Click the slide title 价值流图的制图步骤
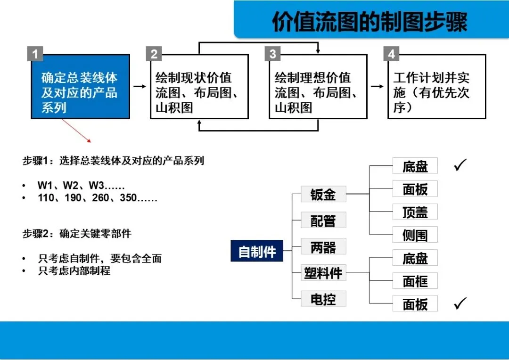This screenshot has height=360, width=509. [x=369, y=22]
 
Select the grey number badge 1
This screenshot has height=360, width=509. [x=35, y=54]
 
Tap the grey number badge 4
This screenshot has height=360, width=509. [x=391, y=54]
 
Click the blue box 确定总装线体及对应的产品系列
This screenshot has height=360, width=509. [x=80, y=92]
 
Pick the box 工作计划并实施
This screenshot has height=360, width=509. [x=436, y=92]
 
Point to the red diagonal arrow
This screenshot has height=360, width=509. [x=76, y=131]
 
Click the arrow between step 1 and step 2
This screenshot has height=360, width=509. [x=140, y=86]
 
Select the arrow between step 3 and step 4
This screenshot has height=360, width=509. [x=378, y=86]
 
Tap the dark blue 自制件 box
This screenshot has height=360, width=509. [x=257, y=252]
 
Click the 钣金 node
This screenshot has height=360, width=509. [x=323, y=194]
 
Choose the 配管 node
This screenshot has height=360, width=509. [x=323, y=220]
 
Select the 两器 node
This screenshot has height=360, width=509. [x=323, y=246]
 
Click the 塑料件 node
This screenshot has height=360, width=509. [x=323, y=272]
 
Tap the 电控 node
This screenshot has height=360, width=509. [x=323, y=299]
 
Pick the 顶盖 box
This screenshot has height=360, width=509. [x=415, y=212]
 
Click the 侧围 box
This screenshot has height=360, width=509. [x=415, y=235]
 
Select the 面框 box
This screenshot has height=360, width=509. [x=415, y=281]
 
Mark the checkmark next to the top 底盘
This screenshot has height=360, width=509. [x=460, y=165]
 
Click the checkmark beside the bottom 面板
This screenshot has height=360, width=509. [x=460, y=303]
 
